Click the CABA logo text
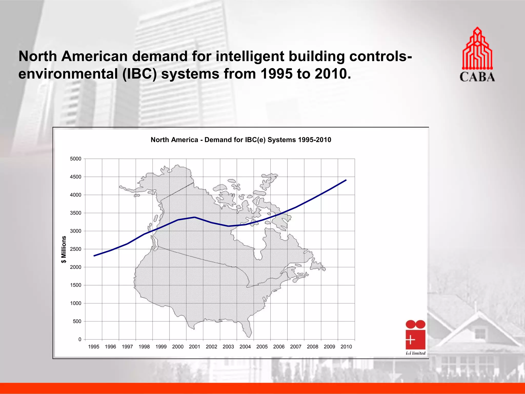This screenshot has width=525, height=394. (477, 77)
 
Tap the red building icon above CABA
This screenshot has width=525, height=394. (477, 49)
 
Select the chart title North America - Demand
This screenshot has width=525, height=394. (241, 140)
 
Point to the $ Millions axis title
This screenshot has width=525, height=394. (64, 249)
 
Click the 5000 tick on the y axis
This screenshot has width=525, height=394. (76, 159)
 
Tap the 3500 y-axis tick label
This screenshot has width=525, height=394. (76, 213)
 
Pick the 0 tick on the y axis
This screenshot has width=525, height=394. (80, 339)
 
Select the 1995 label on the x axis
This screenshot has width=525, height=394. (94, 347)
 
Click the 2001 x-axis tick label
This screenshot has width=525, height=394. (195, 347)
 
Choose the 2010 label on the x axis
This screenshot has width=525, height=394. (346, 347)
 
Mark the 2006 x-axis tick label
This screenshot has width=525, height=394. (279, 347)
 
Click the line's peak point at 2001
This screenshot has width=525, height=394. (195, 217)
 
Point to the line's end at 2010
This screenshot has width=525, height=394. (346, 180)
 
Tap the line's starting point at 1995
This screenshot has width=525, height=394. (94, 256)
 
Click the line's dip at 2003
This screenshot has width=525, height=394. (228, 226)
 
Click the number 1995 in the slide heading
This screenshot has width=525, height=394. (276, 74)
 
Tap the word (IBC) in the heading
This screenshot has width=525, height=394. (139, 74)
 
